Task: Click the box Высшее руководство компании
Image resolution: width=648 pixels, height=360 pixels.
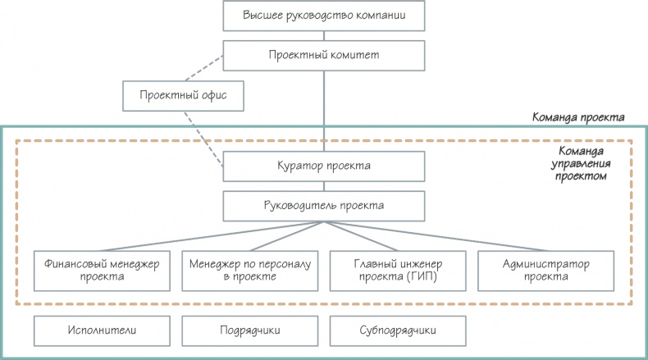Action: click(x=324, y=16)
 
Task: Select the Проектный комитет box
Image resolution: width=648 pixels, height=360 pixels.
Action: click(x=324, y=56)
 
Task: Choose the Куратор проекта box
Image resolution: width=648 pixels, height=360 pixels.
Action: click(x=324, y=166)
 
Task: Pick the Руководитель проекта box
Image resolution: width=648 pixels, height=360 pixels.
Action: click(x=324, y=205)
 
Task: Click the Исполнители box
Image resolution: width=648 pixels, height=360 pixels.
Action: click(x=102, y=330)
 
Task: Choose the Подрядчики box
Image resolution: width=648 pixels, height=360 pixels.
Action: click(x=249, y=330)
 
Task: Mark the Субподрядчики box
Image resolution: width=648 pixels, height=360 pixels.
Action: click(x=397, y=330)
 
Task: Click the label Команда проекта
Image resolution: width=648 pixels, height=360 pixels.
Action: click(x=579, y=117)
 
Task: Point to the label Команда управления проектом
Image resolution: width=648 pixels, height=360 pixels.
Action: click(x=582, y=163)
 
